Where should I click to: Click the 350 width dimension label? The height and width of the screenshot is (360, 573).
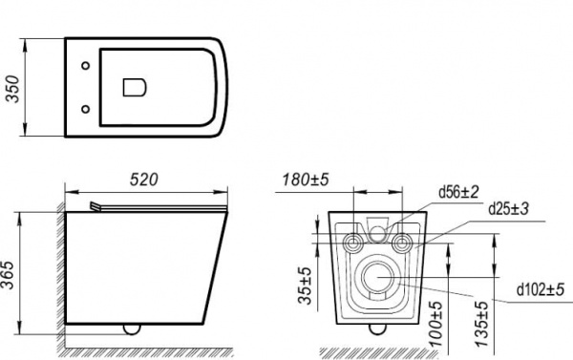(x=13, y=89)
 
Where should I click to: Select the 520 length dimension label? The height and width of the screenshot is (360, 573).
(x=144, y=180)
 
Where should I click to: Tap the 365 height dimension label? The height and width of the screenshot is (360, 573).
(x=8, y=275)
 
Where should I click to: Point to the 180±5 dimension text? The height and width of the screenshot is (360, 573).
(x=306, y=180)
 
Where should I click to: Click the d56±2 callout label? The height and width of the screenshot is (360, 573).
(x=458, y=192)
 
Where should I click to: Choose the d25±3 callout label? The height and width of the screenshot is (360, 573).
(x=509, y=209)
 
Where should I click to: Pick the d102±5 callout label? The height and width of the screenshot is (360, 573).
(x=541, y=289)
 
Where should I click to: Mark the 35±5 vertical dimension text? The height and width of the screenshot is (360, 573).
(x=306, y=286)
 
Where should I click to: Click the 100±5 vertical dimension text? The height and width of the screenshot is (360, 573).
(x=435, y=324)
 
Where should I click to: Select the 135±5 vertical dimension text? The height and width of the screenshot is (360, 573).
(x=481, y=324)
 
